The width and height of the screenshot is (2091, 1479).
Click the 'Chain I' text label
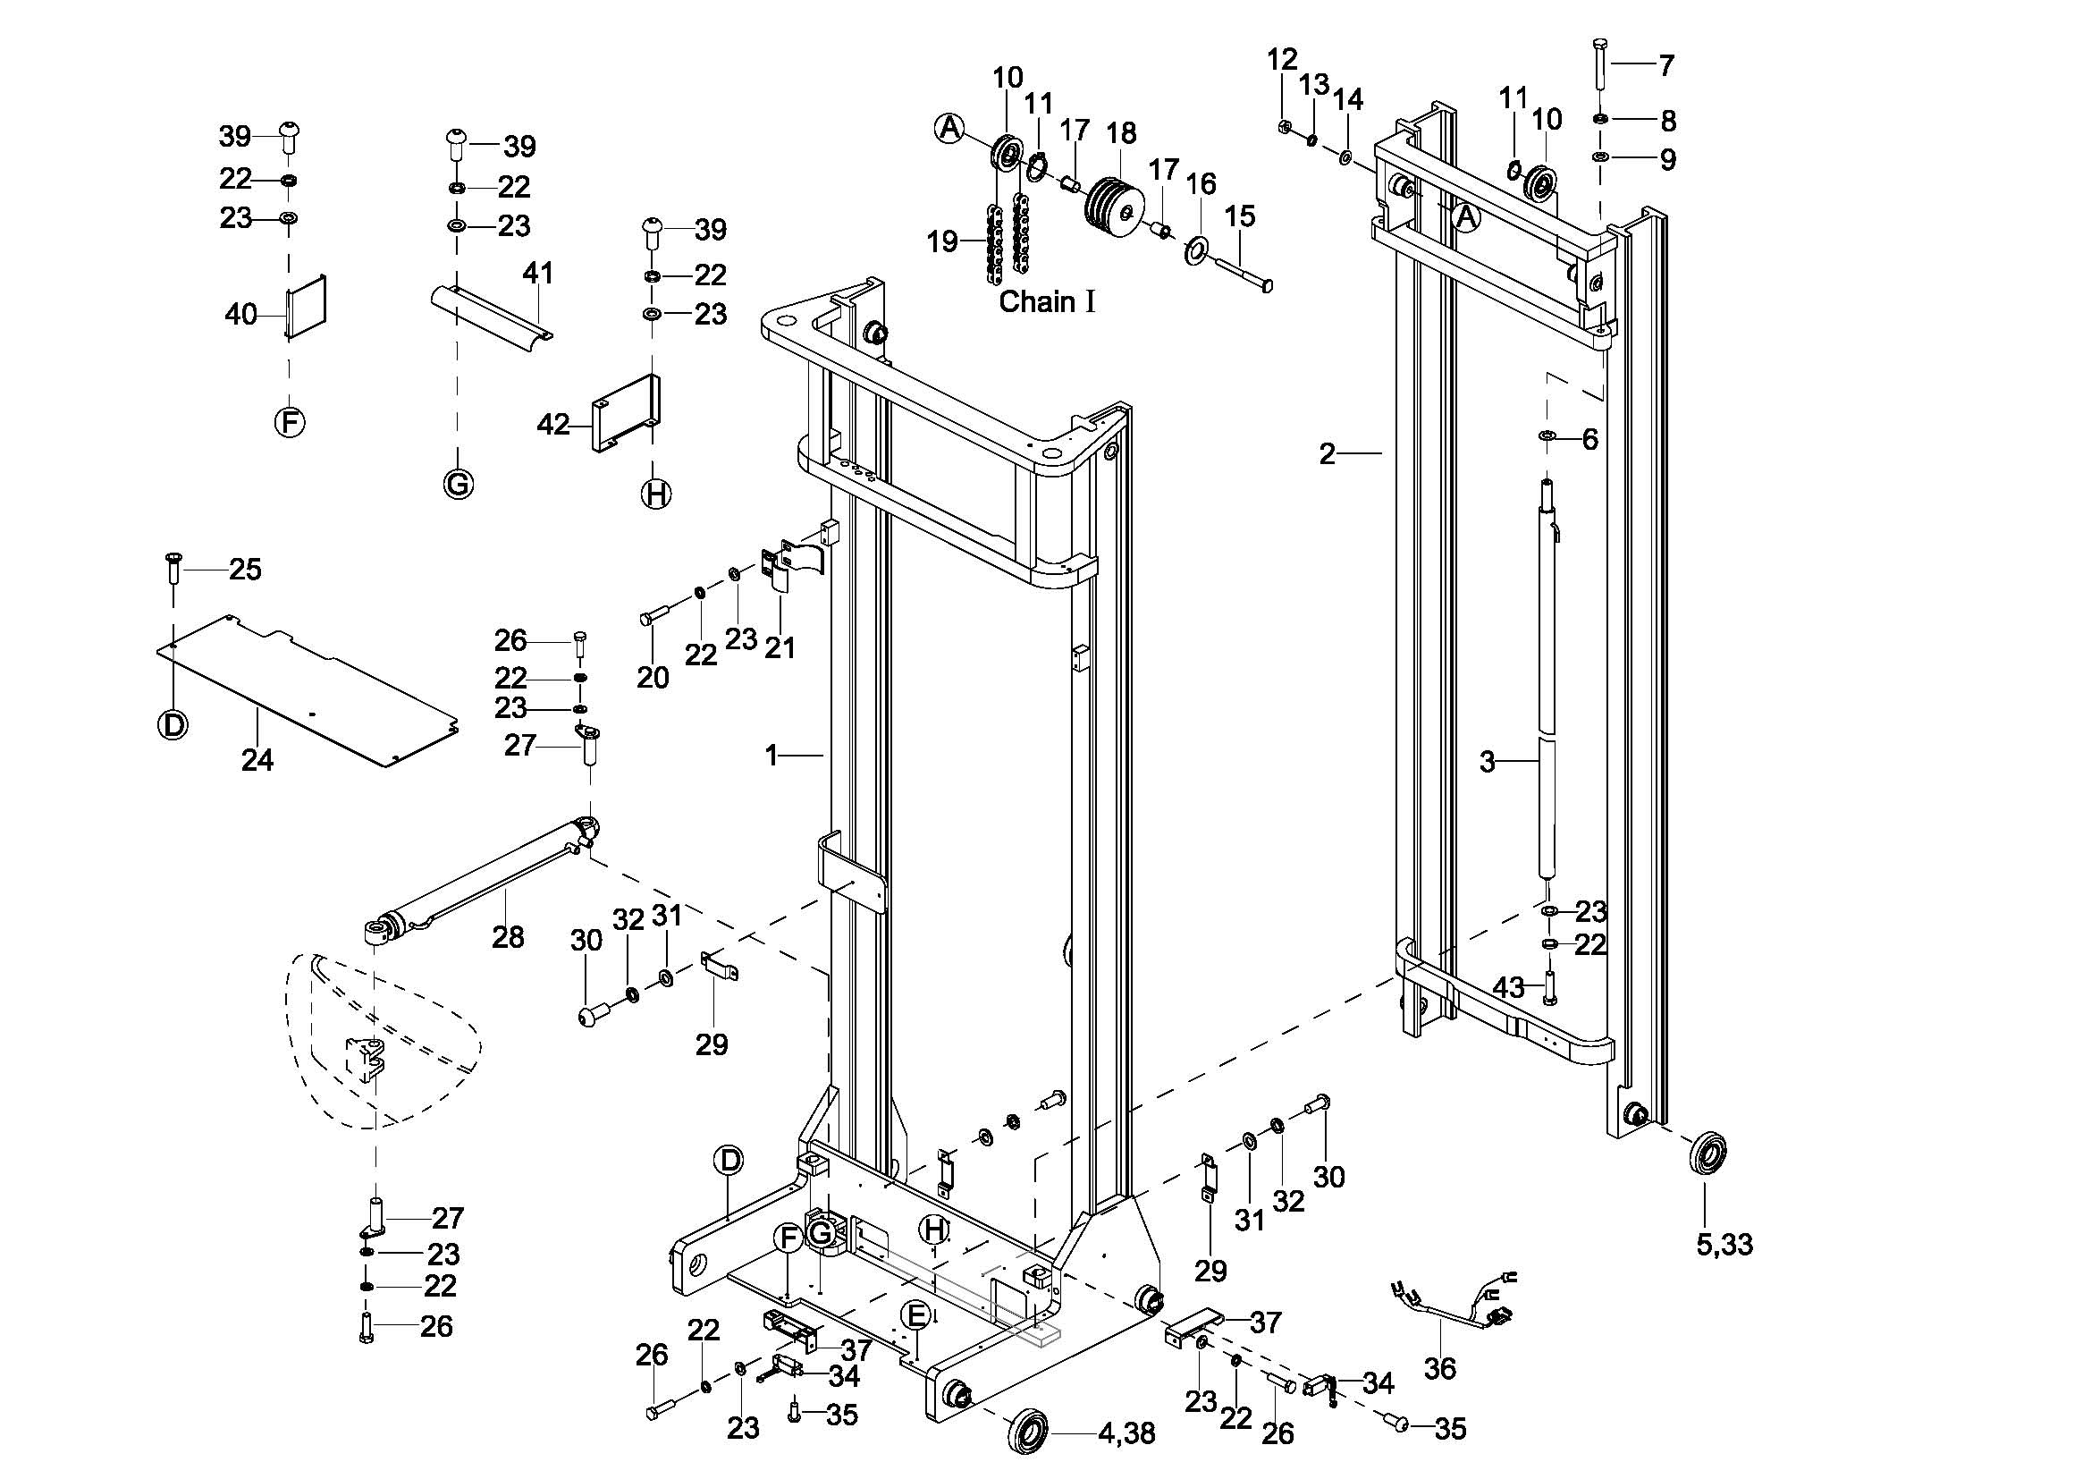(1047, 301)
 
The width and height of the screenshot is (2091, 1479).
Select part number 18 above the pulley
(1121, 133)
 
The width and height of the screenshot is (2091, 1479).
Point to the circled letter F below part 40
(290, 422)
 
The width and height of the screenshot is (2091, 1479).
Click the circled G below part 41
(458, 483)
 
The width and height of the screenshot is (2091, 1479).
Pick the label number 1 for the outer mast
(771, 755)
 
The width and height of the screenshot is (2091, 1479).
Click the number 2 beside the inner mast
(1327, 452)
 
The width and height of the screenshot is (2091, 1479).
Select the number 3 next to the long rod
(1487, 761)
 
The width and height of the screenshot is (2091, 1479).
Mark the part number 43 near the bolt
(1508, 986)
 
